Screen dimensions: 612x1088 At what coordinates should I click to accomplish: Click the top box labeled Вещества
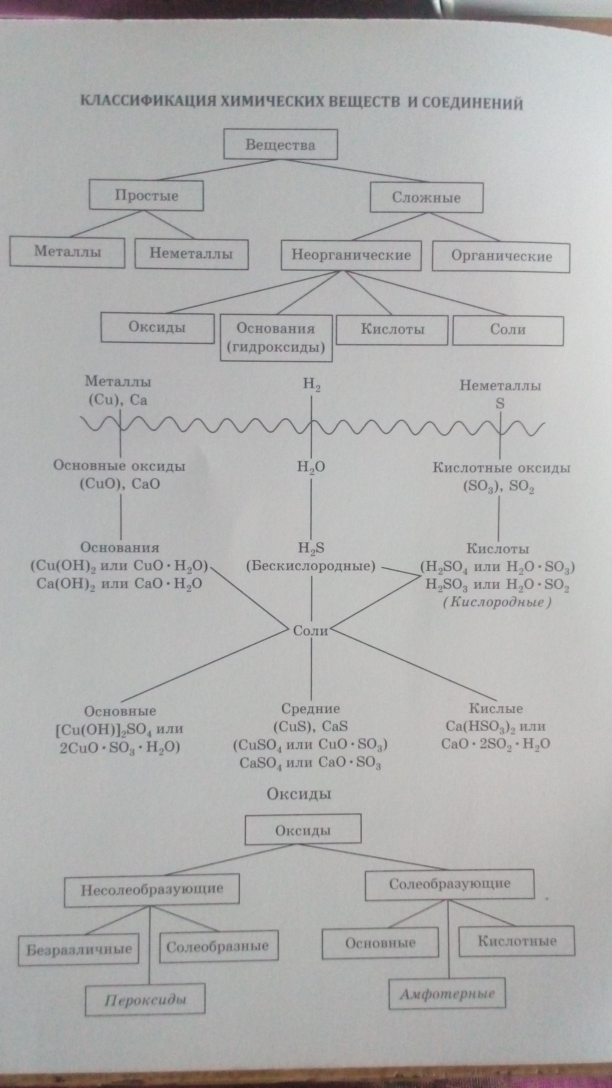click(x=280, y=144)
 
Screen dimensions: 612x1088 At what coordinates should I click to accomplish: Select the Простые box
click(x=146, y=195)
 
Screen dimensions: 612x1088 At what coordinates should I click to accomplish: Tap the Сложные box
click(x=426, y=198)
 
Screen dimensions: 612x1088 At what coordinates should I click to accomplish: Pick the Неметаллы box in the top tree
click(x=191, y=254)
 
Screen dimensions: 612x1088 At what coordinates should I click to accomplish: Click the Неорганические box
click(x=351, y=255)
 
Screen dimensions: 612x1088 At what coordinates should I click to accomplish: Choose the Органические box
click(x=501, y=257)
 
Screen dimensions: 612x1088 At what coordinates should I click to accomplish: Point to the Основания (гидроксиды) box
click(x=276, y=338)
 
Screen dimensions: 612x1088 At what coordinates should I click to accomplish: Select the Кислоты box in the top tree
click(x=392, y=330)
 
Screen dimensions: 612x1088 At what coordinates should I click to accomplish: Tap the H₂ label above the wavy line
click(x=312, y=385)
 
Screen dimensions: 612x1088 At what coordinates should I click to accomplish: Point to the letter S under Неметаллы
click(x=500, y=403)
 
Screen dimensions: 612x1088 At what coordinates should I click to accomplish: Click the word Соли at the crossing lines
click(x=311, y=631)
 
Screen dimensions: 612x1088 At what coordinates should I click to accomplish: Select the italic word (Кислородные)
click(x=497, y=603)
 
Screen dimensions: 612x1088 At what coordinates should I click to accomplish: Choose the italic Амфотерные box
click(x=447, y=993)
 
